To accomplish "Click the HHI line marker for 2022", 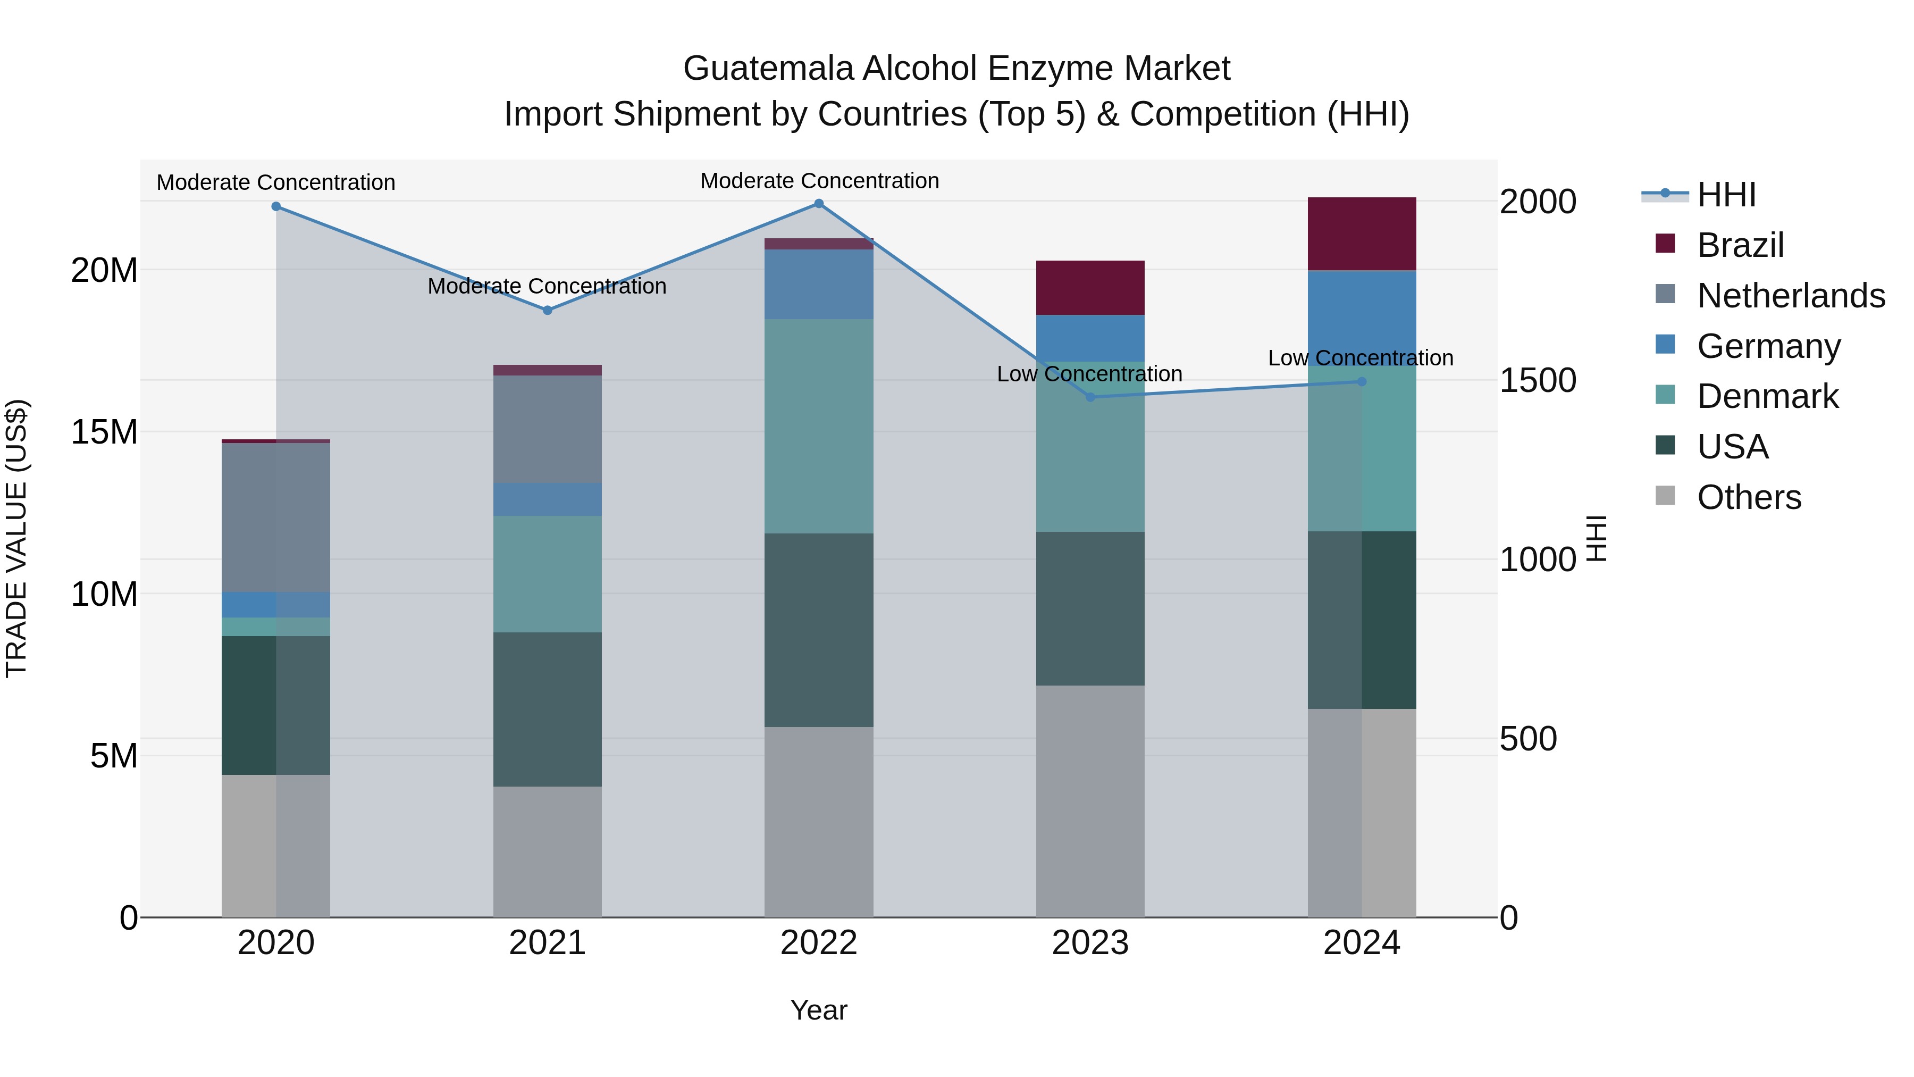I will click(x=819, y=204).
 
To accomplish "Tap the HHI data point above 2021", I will click(x=548, y=310).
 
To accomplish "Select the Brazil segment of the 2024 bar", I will click(x=1361, y=234).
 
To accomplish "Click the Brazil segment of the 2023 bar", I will click(x=1090, y=288).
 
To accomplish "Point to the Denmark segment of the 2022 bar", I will click(x=819, y=426).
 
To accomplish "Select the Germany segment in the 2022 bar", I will click(x=819, y=284).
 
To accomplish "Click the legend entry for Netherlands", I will click(x=1791, y=296).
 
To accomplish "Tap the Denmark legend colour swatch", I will click(x=1665, y=395).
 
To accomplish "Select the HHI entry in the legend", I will click(x=1726, y=195).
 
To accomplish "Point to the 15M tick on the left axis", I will click(x=104, y=432).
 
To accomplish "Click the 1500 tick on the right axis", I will click(x=1537, y=381).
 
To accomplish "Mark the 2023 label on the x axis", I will click(x=1090, y=943).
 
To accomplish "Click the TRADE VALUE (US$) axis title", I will click(x=16, y=538).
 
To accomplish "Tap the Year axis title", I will click(x=819, y=1010).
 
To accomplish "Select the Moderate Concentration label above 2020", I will click(x=275, y=183).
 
